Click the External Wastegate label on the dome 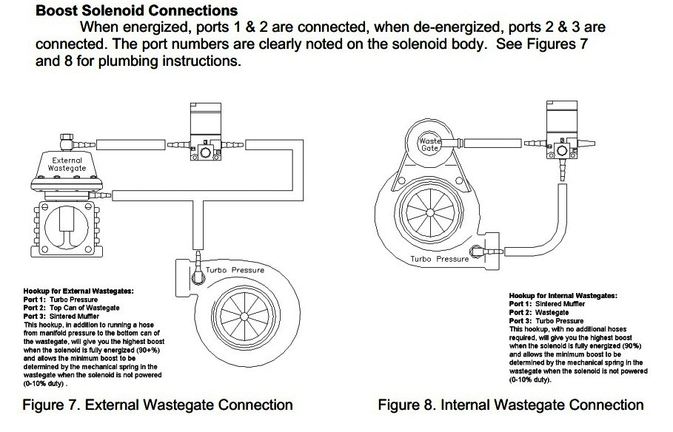pos(67,163)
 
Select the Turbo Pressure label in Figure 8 pos(440,259)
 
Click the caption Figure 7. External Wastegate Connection pos(157,405)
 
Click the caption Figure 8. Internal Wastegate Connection pos(510,405)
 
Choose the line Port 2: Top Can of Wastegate pos(72,308)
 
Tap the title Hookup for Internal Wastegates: pos(563,295)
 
